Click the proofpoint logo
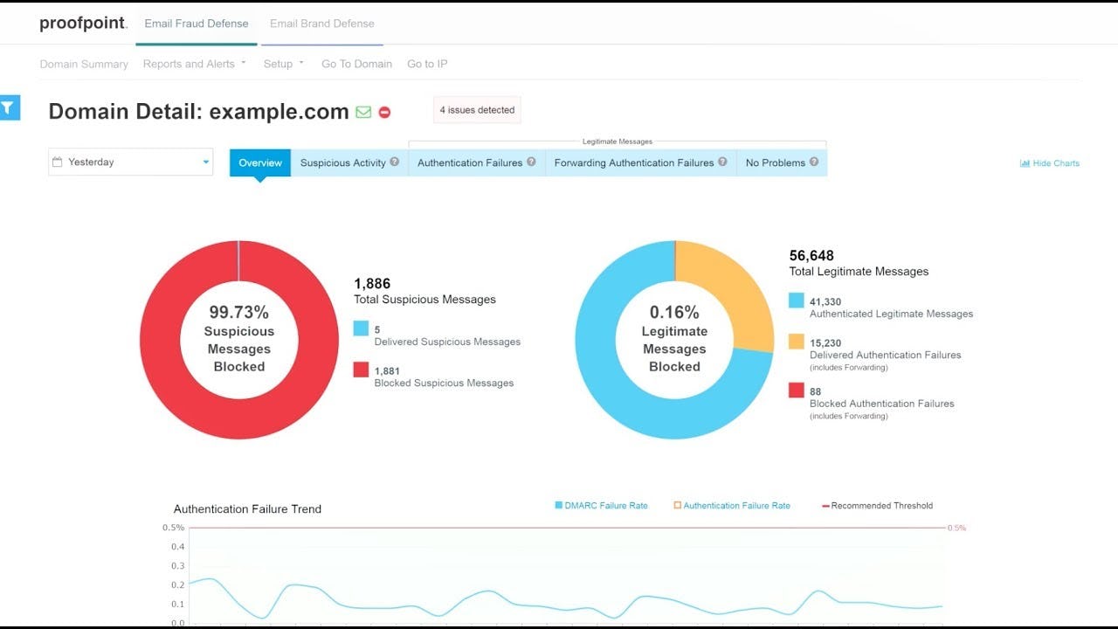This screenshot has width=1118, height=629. pyautogui.click(x=83, y=24)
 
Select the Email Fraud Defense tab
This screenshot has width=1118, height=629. pyautogui.click(x=197, y=24)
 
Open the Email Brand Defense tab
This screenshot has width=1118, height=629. pyautogui.click(x=321, y=24)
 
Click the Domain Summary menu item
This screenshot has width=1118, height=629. pyautogui.click(x=84, y=64)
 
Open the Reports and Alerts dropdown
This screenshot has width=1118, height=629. pyautogui.click(x=194, y=64)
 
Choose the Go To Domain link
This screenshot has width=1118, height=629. pyautogui.click(x=356, y=64)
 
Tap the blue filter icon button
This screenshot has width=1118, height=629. pyautogui.click(x=9, y=107)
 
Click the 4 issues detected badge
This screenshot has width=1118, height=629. pyautogui.click(x=477, y=110)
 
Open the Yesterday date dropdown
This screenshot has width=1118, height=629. pyautogui.click(x=130, y=162)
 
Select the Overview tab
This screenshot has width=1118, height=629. pyautogui.click(x=260, y=162)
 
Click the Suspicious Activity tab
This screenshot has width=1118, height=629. pyautogui.click(x=349, y=162)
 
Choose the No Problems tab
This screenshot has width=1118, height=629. pyautogui.click(x=782, y=162)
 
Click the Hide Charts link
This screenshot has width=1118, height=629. pyautogui.click(x=1050, y=163)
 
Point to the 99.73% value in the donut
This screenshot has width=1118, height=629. pyautogui.click(x=238, y=312)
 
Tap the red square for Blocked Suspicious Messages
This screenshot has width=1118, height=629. pyautogui.click(x=361, y=370)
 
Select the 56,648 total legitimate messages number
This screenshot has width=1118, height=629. pyautogui.click(x=811, y=256)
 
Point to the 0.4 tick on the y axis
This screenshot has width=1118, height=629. pyautogui.click(x=177, y=547)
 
